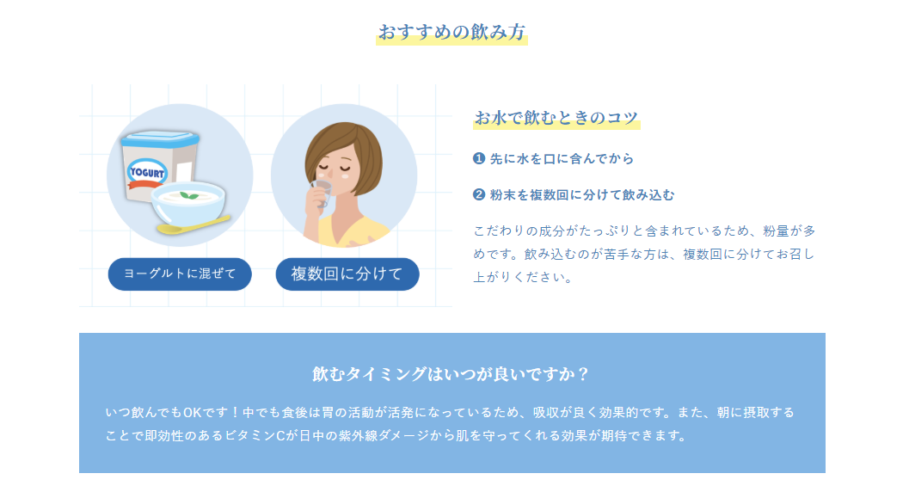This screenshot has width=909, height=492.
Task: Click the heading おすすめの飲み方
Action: pos(451,32)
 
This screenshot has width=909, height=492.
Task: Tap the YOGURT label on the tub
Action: pos(147,172)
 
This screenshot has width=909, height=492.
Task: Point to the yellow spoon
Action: pos(193,224)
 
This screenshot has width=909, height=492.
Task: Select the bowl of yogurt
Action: pos(188,202)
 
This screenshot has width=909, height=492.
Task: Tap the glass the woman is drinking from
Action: pos(322,193)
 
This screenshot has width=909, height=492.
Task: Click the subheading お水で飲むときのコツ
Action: pos(556,118)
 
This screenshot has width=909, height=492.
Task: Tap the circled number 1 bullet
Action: pos(479,158)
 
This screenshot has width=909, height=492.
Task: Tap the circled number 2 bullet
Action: pos(479,194)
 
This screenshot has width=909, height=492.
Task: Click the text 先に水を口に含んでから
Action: pos(562,159)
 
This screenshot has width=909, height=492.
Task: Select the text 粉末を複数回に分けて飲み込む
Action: pos(582,195)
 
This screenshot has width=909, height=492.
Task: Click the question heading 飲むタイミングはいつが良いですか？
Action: pos(451,374)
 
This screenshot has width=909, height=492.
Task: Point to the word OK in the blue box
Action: pos(192,413)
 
